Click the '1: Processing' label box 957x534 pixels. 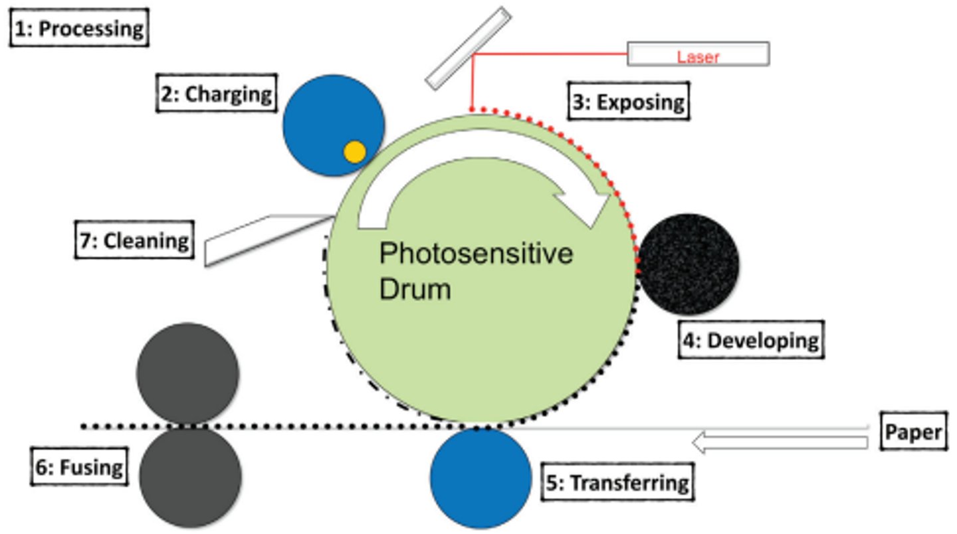pos(78,29)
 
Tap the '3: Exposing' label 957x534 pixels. pos(629,102)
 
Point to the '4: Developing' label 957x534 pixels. pos(751,340)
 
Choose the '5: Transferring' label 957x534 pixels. pos(617,482)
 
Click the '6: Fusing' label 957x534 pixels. pos(80,467)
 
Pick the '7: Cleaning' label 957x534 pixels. pos(134,240)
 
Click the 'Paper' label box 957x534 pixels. pos(913,432)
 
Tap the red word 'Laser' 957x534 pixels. pos(698,57)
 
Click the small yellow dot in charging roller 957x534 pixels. pos(355,152)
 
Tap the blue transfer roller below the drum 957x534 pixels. pos(480,478)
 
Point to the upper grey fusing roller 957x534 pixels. pos(188,373)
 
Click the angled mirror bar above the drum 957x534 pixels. pos(468,48)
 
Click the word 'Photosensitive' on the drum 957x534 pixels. pos(475,254)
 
